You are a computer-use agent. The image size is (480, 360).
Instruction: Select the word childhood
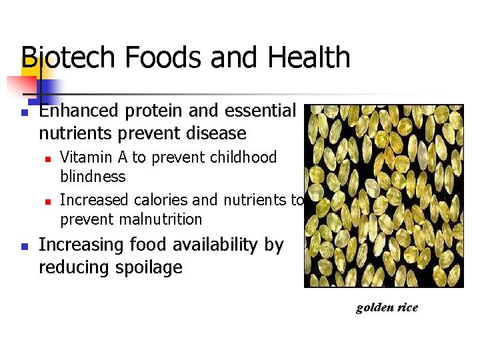coord(244,157)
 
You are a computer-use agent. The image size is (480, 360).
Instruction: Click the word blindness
coord(93,177)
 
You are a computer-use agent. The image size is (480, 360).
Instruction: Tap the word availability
coord(202,245)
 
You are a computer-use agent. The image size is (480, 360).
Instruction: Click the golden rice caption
coord(387,307)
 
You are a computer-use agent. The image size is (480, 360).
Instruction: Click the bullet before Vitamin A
coord(49,159)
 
